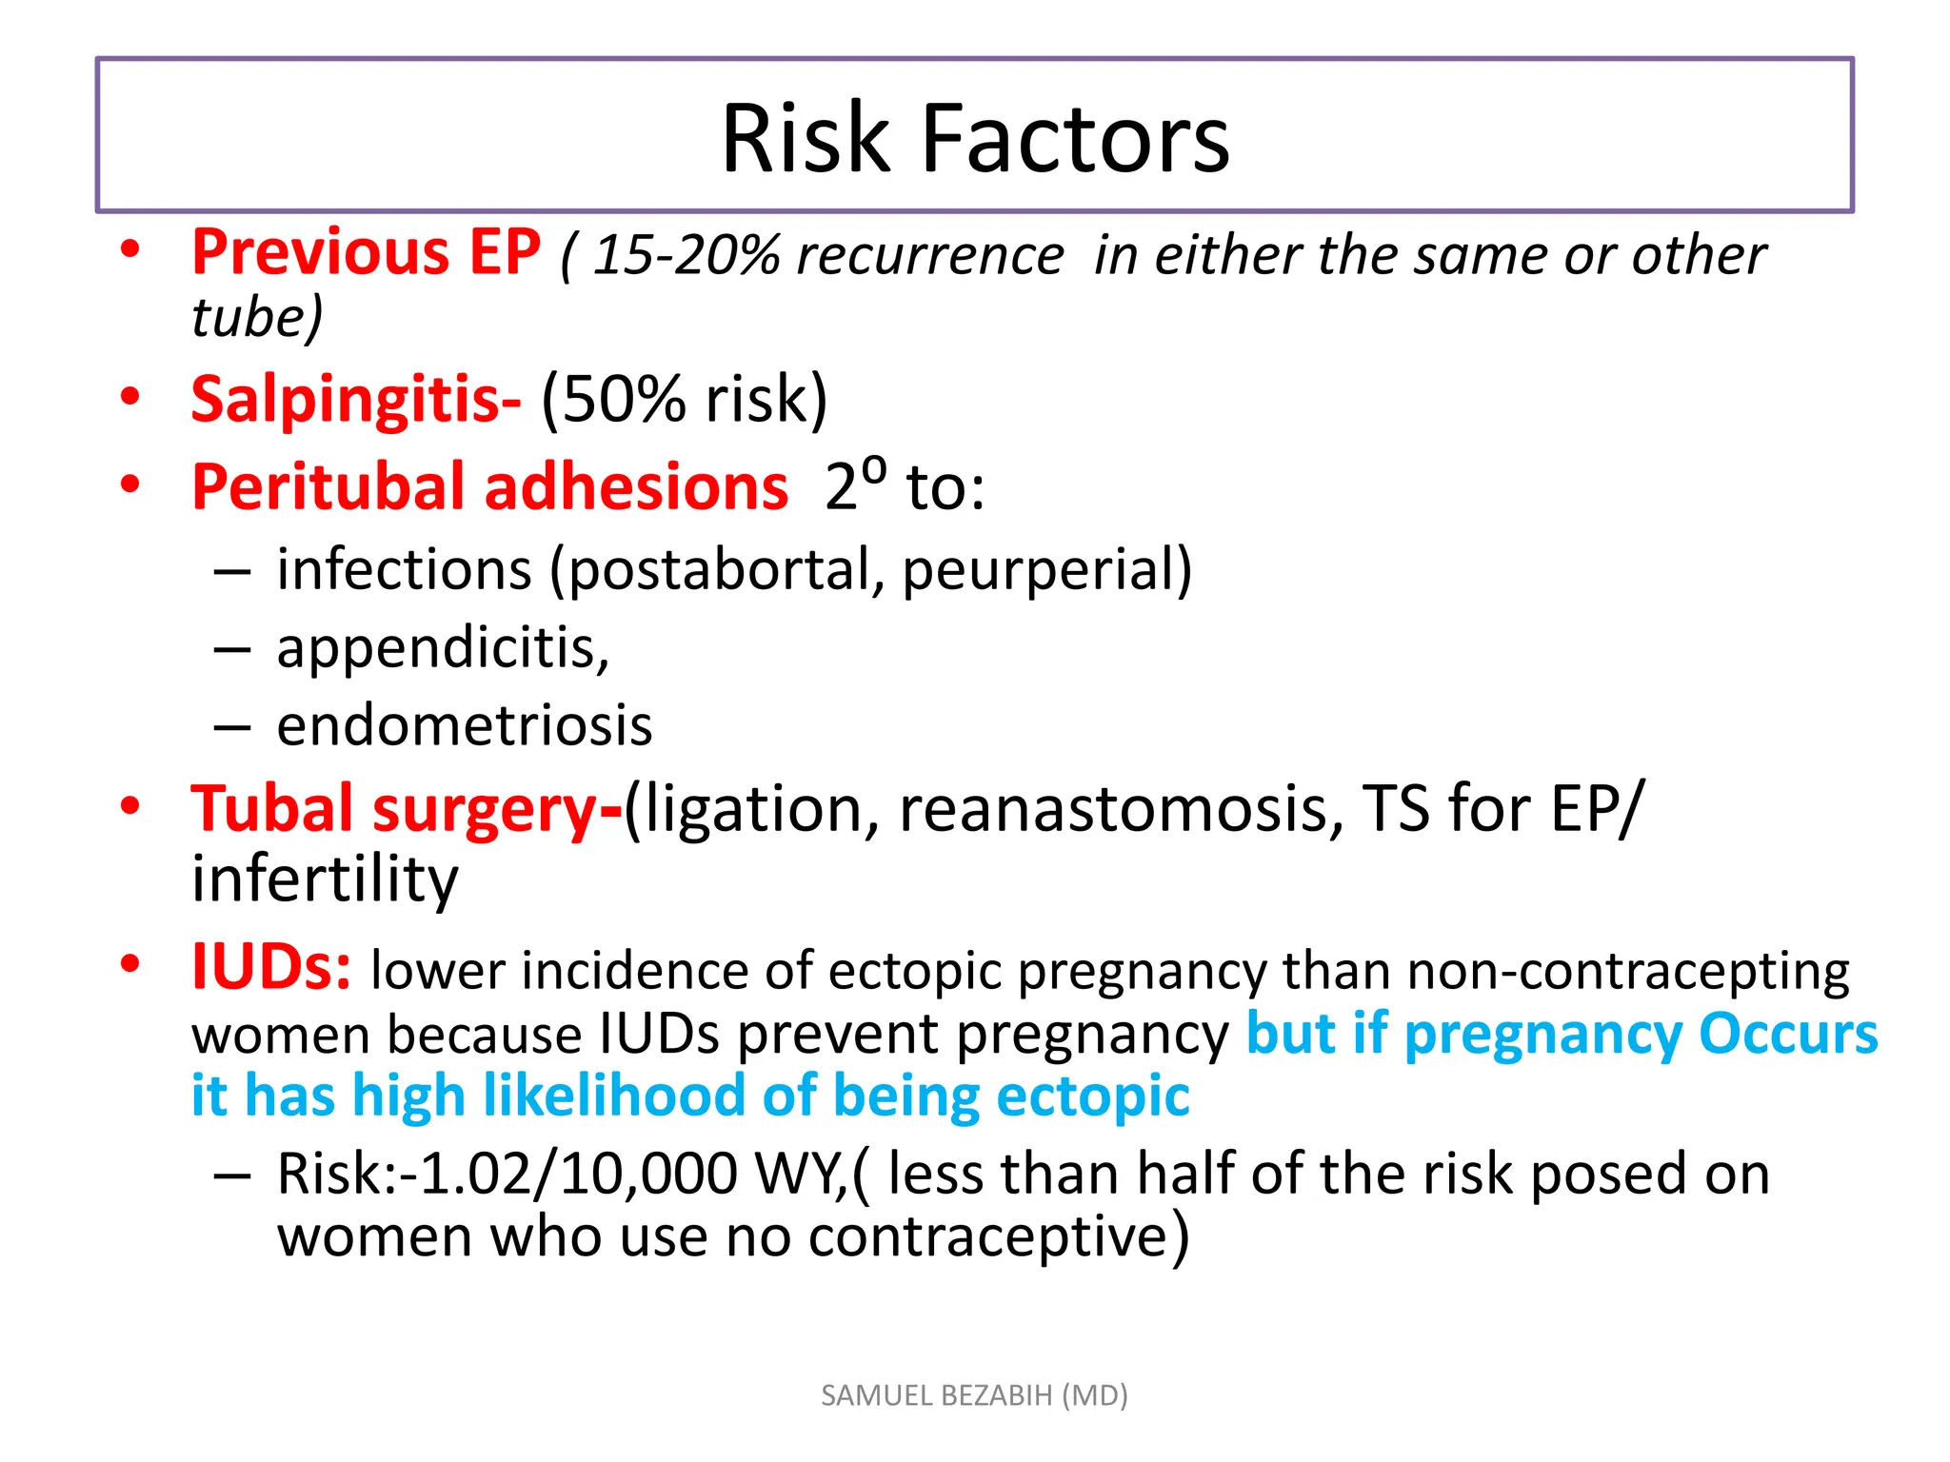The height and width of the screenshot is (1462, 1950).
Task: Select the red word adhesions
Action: tap(637, 487)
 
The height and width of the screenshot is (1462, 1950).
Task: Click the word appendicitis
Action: tap(443, 649)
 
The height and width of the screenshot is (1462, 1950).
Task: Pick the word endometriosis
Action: tap(465, 726)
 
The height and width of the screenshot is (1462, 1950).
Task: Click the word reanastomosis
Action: tap(1121, 809)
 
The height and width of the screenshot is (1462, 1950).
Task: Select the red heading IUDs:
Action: tap(271, 967)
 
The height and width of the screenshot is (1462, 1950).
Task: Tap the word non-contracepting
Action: tap(1628, 971)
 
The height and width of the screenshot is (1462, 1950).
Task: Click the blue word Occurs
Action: tap(1788, 1034)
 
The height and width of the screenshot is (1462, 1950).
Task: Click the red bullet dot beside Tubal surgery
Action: tap(130, 807)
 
